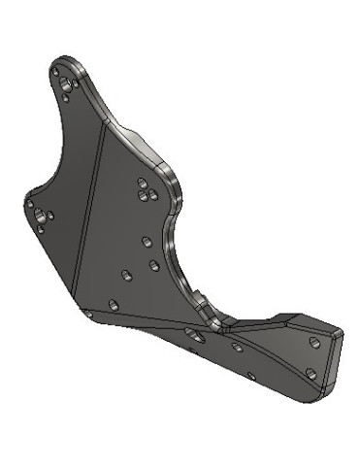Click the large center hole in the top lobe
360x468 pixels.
[x=67, y=85]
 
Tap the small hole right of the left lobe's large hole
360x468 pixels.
[x=50, y=215]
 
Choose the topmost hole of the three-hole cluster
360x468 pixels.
[x=143, y=182]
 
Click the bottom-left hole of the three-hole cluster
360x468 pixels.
[x=140, y=194]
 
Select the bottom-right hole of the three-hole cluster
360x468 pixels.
[x=150, y=194]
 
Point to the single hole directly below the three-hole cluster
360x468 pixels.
[x=146, y=240]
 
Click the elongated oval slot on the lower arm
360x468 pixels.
[x=193, y=336]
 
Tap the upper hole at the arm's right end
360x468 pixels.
[x=312, y=343]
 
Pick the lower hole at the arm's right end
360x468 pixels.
[x=310, y=372]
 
